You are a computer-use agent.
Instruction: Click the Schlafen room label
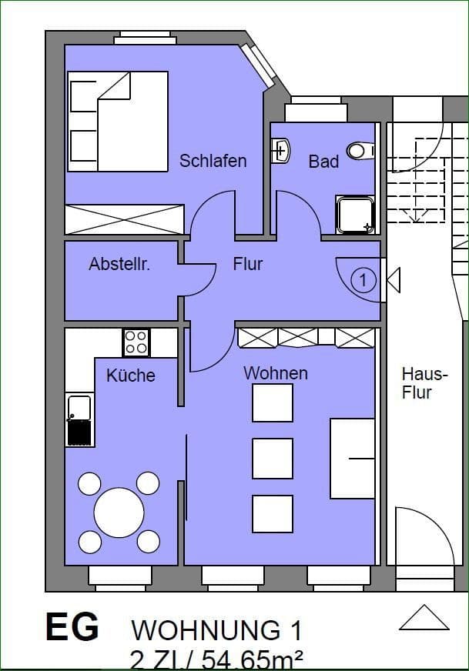[213, 161]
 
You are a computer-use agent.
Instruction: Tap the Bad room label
[323, 162]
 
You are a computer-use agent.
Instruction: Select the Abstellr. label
[119, 265]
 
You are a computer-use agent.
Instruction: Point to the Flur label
[248, 264]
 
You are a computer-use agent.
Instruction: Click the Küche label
[130, 376]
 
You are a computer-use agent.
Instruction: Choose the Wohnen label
[276, 373]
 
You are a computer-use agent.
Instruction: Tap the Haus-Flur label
[424, 383]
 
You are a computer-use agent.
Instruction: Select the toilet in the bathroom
[360, 151]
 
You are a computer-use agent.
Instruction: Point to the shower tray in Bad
[355, 214]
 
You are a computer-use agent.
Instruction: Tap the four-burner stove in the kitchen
[136, 342]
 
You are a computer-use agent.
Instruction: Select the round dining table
[119, 513]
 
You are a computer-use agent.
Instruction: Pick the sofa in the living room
[353, 458]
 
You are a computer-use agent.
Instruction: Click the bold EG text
[72, 627]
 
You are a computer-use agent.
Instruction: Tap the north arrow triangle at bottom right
[424, 618]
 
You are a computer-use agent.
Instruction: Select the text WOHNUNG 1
[216, 631]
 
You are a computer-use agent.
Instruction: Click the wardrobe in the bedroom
[125, 219]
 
